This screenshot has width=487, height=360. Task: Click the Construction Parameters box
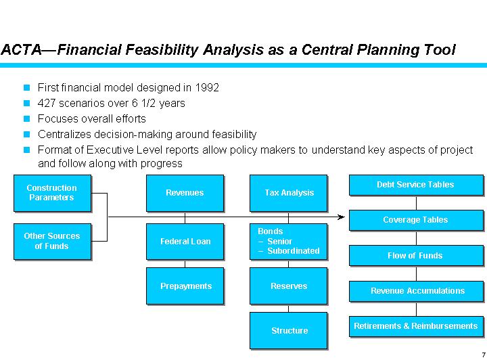tap(52, 193)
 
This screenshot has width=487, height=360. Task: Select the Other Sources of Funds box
tap(52, 241)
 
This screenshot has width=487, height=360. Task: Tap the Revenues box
tap(185, 193)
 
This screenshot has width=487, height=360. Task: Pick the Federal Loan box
tap(185, 241)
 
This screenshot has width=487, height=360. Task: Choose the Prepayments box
tap(185, 286)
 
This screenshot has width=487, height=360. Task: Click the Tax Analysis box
tap(289, 193)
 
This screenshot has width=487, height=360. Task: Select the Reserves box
tap(289, 286)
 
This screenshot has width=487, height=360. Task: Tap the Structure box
tap(289, 331)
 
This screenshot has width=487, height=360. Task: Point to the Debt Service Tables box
tap(415, 185)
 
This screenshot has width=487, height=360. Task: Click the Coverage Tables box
tap(415, 220)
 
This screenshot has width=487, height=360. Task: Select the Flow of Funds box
tap(415, 256)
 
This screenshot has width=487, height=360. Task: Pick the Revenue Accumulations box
tap(415, 291)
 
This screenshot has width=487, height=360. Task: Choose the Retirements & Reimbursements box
tap(415, 326)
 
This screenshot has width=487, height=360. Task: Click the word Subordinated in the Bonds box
tap(294, 251)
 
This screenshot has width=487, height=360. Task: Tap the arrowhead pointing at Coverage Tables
tap(342, 217)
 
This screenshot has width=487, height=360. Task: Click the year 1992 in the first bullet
tap(206, 88)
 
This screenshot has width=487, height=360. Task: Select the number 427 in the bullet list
tap(46, 104)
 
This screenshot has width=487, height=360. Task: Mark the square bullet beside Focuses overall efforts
tap(27, 118)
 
